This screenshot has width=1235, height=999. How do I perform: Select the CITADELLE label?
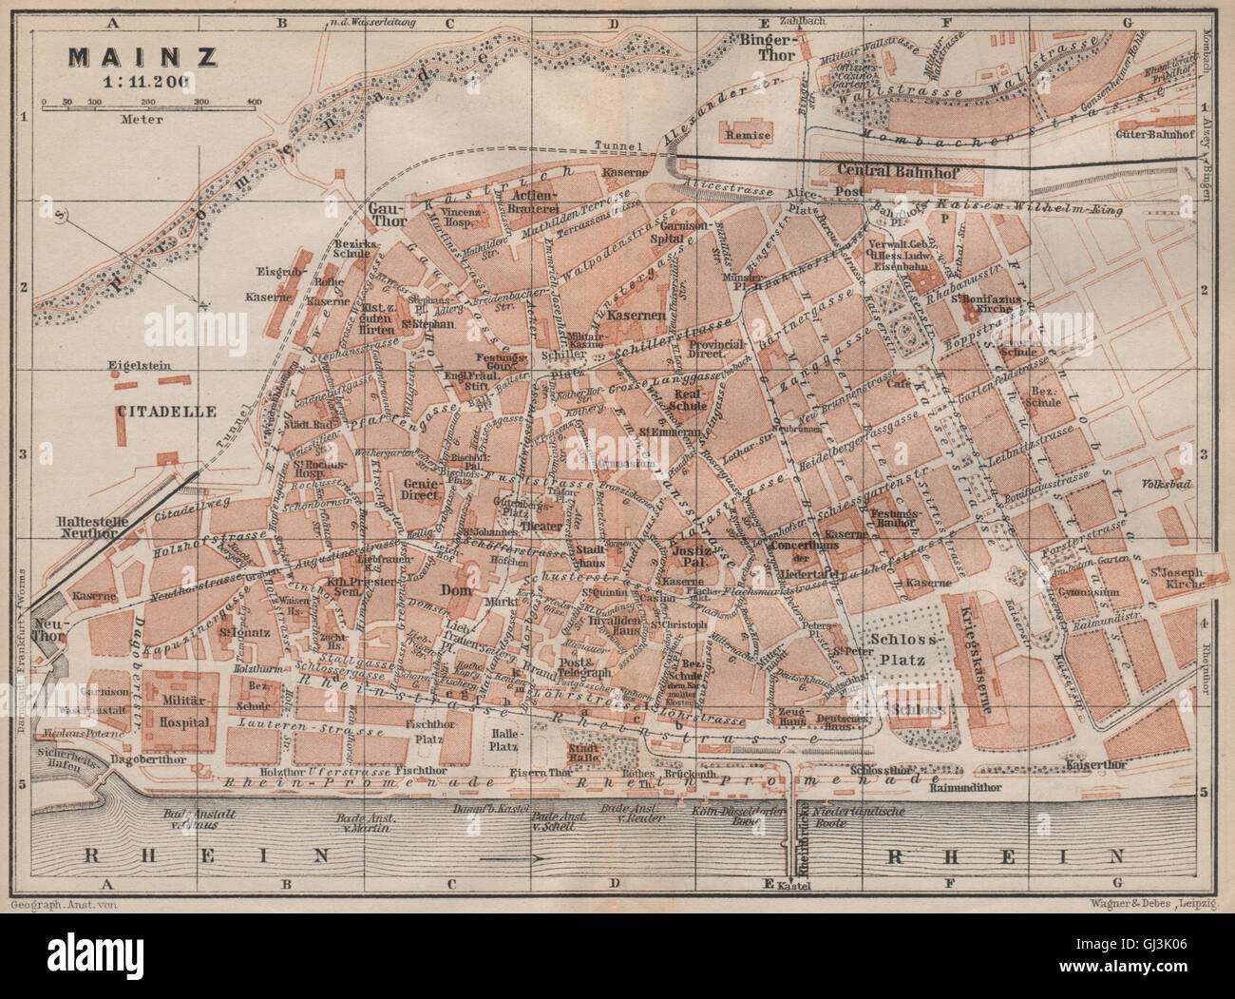click(x=166, y=412)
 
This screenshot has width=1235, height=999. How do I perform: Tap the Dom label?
click(x=484, y=589)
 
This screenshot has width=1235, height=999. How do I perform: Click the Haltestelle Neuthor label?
click(x=86, y=528)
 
